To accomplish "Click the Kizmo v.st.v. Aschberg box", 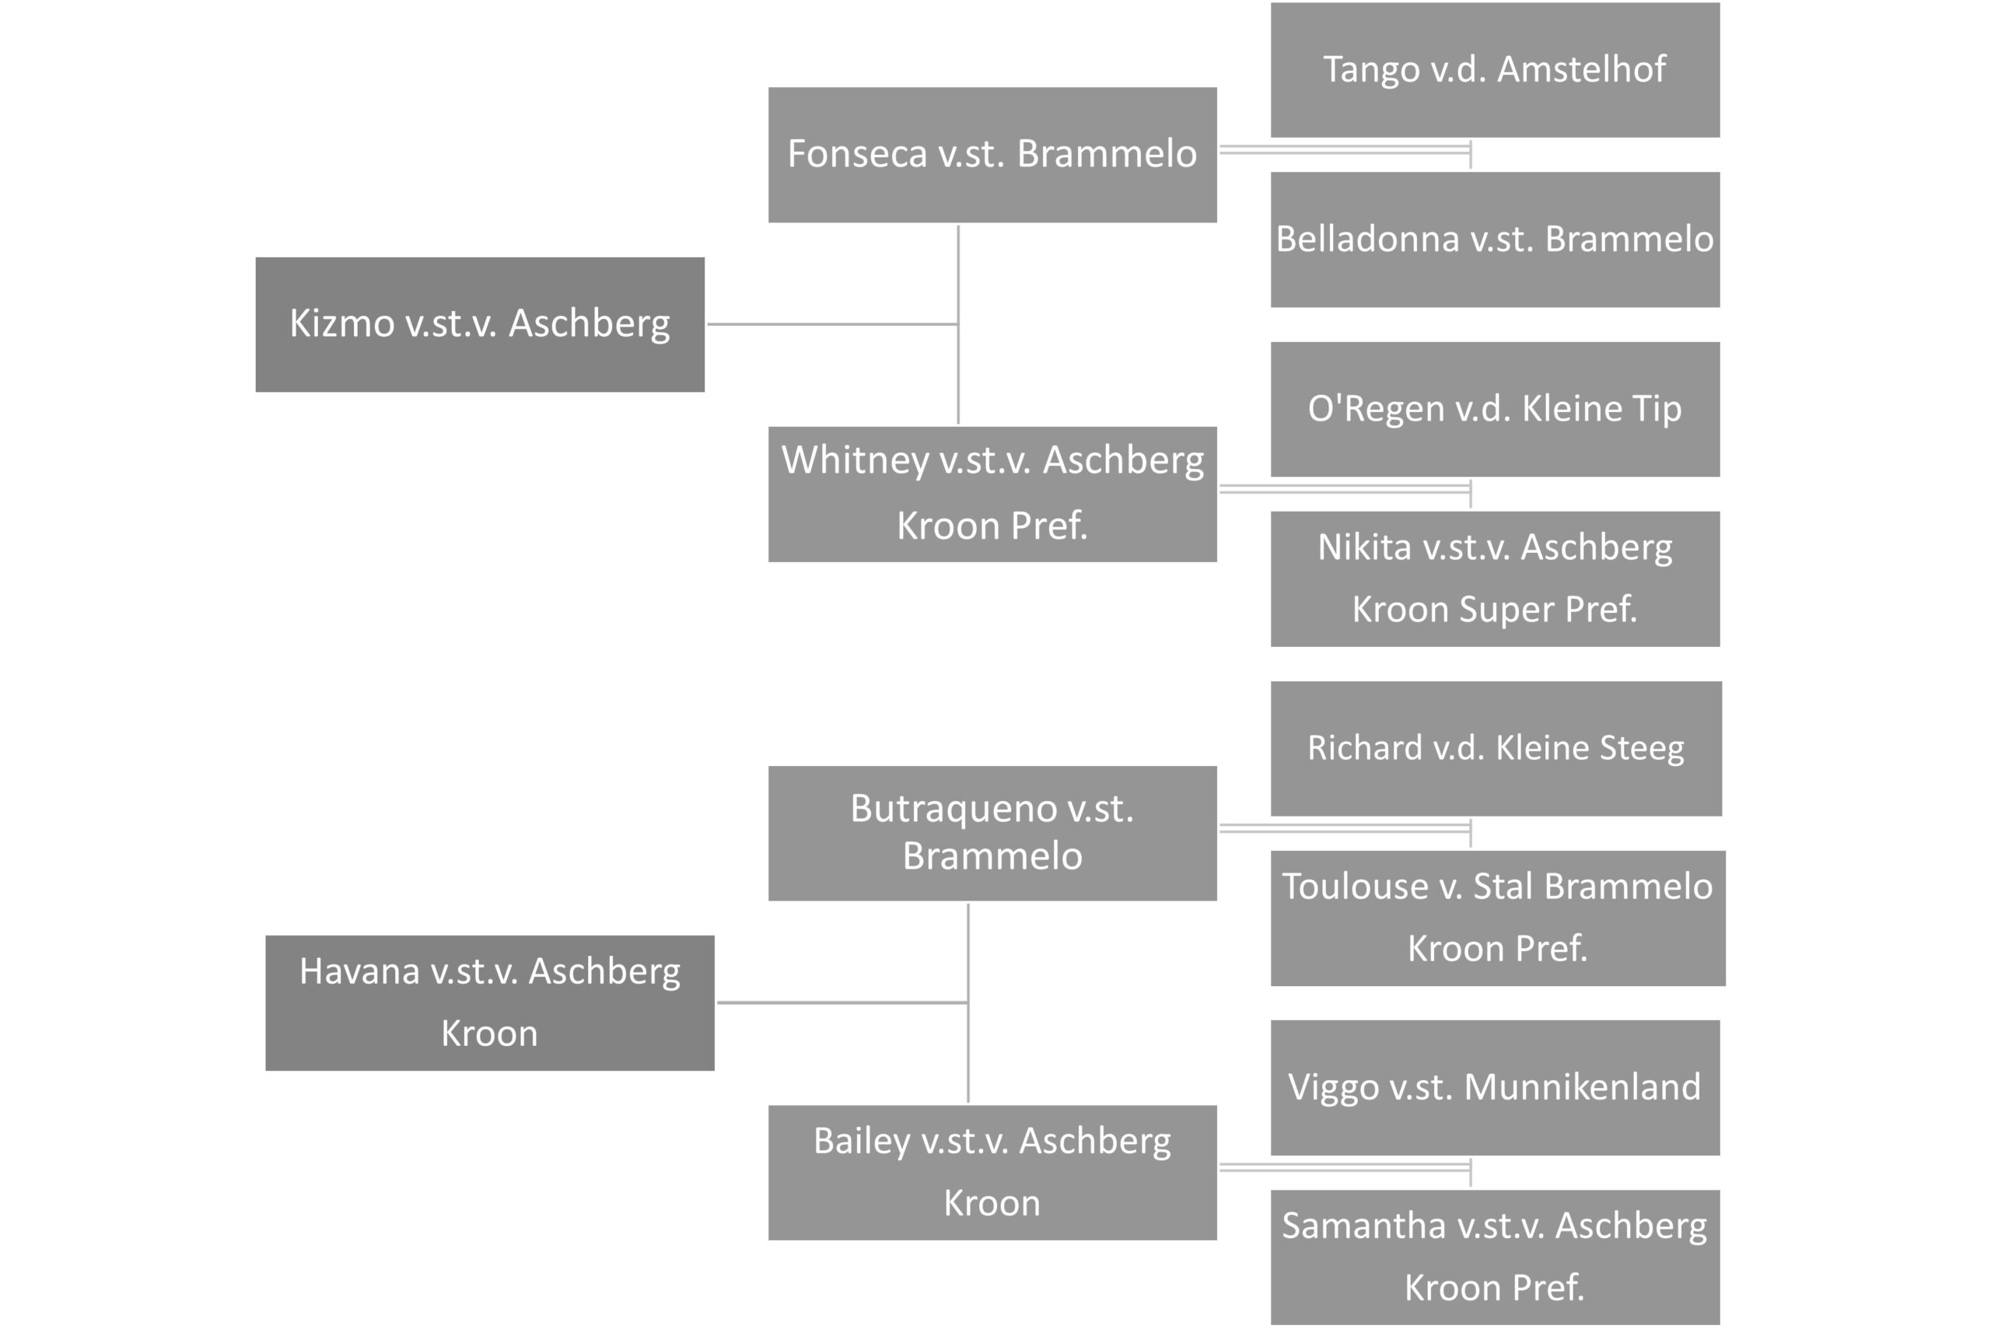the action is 480,324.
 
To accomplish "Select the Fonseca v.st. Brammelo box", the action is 992,155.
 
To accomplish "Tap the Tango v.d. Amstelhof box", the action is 1495,70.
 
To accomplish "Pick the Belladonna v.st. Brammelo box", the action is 1495,240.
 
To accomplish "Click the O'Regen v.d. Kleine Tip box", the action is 1495,409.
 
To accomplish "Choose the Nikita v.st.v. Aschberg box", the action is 1495,579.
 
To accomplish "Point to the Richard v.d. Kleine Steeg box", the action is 1496,748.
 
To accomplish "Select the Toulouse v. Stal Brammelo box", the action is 1498,918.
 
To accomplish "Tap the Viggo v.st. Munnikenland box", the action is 1495,1087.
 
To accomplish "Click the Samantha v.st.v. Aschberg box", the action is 1495,1257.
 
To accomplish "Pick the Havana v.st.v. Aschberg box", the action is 490,1003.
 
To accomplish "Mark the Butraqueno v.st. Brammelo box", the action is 992,834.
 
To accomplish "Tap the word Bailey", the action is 861,1142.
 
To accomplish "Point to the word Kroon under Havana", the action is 490,1033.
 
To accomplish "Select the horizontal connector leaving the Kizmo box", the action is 832,324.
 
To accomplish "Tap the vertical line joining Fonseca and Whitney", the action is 958,324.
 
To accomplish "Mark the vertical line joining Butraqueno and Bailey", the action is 968,1003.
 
